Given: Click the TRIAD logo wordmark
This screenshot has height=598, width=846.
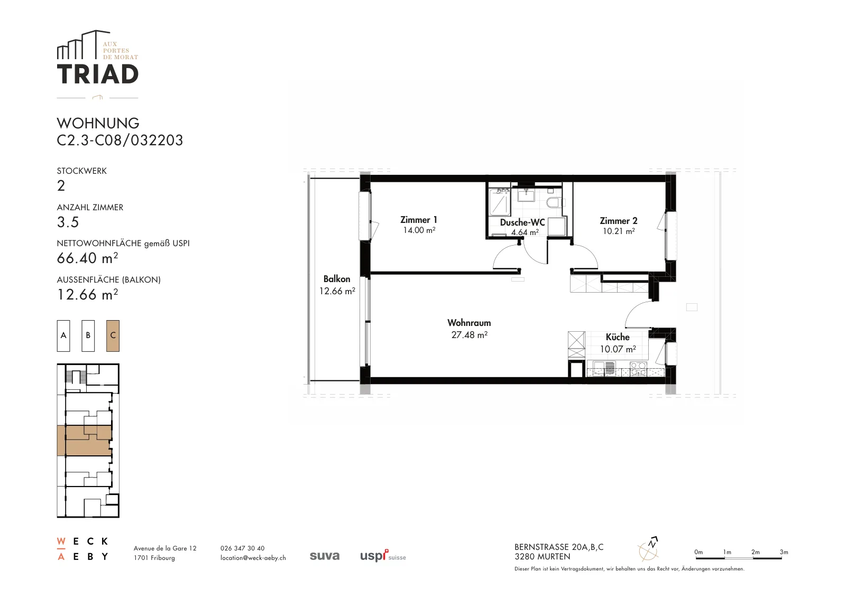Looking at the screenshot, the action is click(97, 74).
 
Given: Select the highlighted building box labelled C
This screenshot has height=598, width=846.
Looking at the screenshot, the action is click(113, 336).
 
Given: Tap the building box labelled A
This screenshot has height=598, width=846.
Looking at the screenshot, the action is click(63, 336).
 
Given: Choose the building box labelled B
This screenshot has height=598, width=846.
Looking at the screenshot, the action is click(88, 336).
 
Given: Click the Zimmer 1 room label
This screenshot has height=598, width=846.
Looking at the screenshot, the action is click(418, 220).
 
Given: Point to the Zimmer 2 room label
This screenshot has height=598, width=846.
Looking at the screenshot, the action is click(618, 221).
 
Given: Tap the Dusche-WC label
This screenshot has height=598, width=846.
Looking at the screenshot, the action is click(522, 222).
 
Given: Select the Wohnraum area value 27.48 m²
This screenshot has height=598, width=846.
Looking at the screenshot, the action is click(469, 334).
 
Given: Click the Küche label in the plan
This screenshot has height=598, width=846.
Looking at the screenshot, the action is click(618, 337).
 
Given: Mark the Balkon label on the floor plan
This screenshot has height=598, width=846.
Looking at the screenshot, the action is click(336, 279).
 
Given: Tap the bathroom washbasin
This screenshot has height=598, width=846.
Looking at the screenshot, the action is click(526, 196).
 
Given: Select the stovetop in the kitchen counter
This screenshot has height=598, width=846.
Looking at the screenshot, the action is click(639, 369).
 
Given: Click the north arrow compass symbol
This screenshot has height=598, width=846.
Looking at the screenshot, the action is click(648, 549).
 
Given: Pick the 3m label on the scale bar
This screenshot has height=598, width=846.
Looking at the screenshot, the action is click(784, 552).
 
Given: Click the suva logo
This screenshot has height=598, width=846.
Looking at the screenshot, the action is click(325, 556).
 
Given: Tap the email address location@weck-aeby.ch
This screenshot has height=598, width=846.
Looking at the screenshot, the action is click(253, 558).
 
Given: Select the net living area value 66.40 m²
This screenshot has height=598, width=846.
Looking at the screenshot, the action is click(87, 258).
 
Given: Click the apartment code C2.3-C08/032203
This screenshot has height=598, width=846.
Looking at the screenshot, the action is click(119, 140).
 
